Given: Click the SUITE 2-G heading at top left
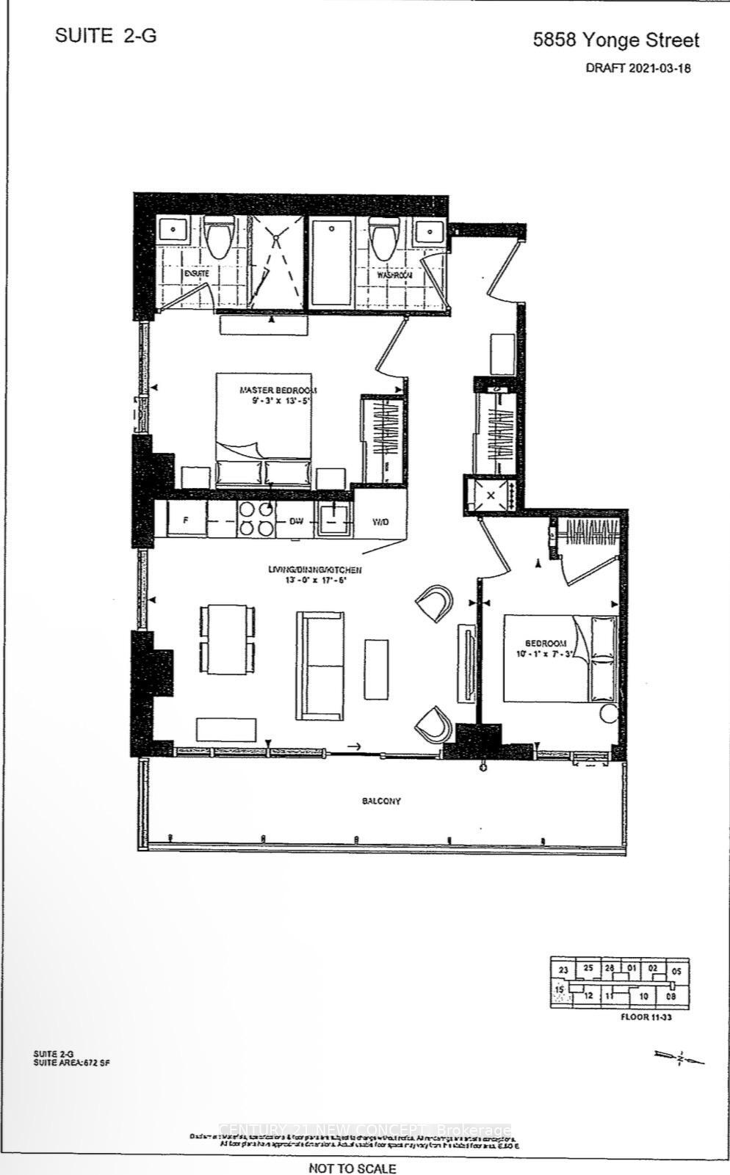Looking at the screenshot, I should tap(106, 36).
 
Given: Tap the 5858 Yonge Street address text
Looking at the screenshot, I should tap(616, 40).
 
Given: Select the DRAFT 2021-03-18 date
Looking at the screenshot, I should tap(639, 68).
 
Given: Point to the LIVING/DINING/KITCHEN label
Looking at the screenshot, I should tap(314, 570).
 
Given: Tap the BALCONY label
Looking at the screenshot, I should tap(381, 801).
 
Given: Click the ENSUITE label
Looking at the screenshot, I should tap(196, 273).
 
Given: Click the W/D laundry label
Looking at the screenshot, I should tap(380, 521).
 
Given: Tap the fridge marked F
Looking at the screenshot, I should tap(186, 520).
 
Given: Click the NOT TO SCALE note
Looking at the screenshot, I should tap(353, 1168).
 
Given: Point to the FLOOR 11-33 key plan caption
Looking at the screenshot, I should tap(646, 1017).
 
